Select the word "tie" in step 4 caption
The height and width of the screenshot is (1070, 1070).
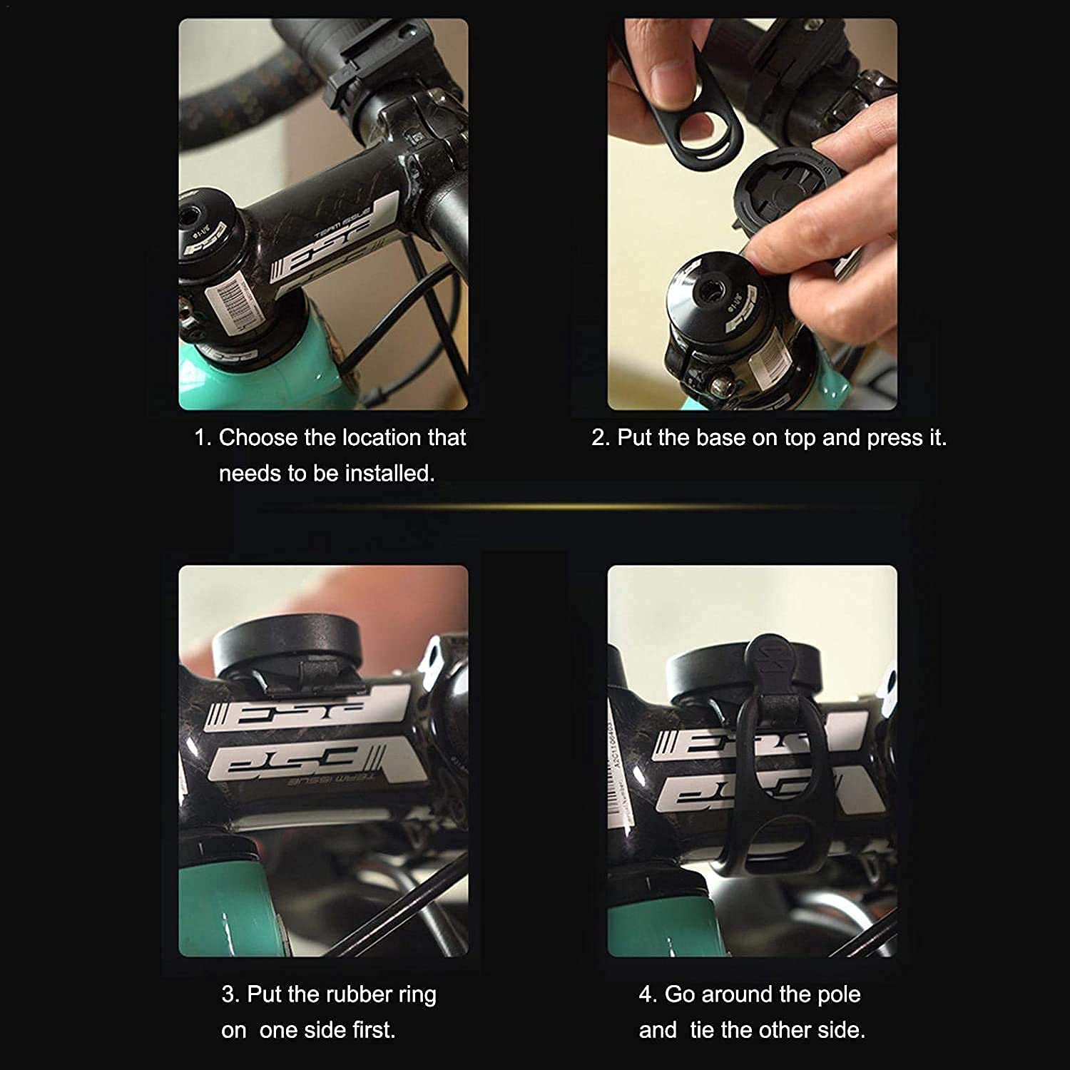(x=703, y=1029)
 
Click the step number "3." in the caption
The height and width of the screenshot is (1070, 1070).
(x=230, y=994)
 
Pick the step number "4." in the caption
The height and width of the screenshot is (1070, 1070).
(x=648, y=994)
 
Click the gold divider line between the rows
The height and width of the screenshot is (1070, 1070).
(x=535, y=506)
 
